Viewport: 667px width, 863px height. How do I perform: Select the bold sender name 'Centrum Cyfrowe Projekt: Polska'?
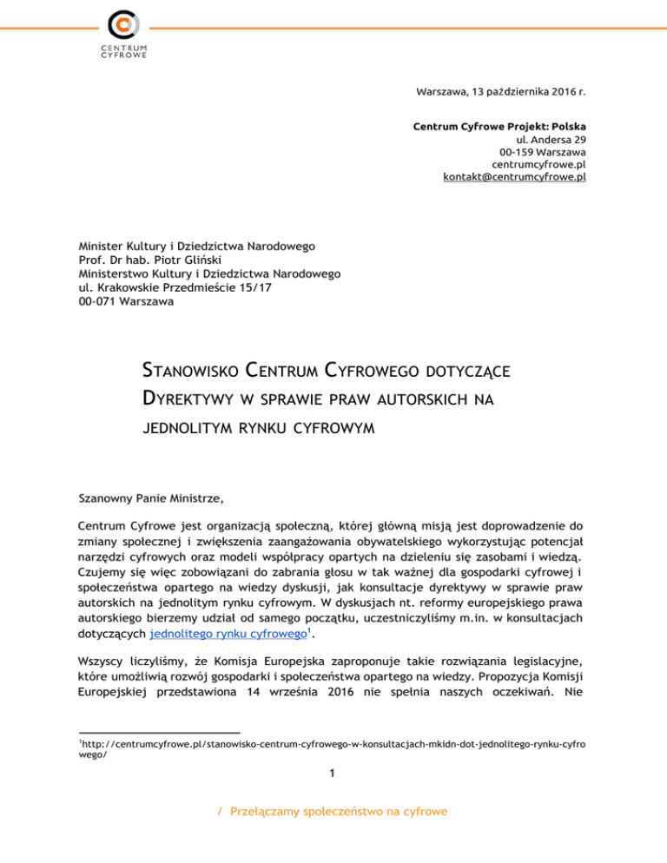coord(499,127)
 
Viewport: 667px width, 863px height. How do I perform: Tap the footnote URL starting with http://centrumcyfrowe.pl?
coord(330,744)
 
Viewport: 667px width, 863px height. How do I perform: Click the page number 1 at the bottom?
coord(333,774)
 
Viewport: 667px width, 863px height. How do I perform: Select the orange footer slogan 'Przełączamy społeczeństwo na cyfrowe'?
coord(339,812)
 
